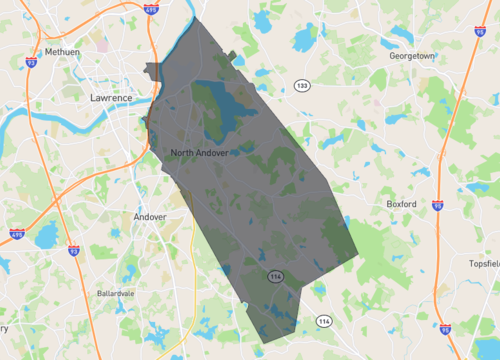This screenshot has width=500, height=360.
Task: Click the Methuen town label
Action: [x=62, y=52]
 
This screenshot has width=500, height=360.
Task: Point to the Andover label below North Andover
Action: [x=150, y=216]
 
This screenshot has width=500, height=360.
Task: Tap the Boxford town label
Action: [x=407, y=204]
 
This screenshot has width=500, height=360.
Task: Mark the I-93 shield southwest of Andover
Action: [x=73, y=249]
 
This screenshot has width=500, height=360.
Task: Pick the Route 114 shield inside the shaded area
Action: [x=274, y=274]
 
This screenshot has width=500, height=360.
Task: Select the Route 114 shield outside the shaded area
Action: [x=324, y=321]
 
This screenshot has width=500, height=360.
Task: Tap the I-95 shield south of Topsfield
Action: [x=445, y=325]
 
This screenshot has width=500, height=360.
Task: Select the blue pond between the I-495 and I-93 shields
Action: [x=45, y=236]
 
